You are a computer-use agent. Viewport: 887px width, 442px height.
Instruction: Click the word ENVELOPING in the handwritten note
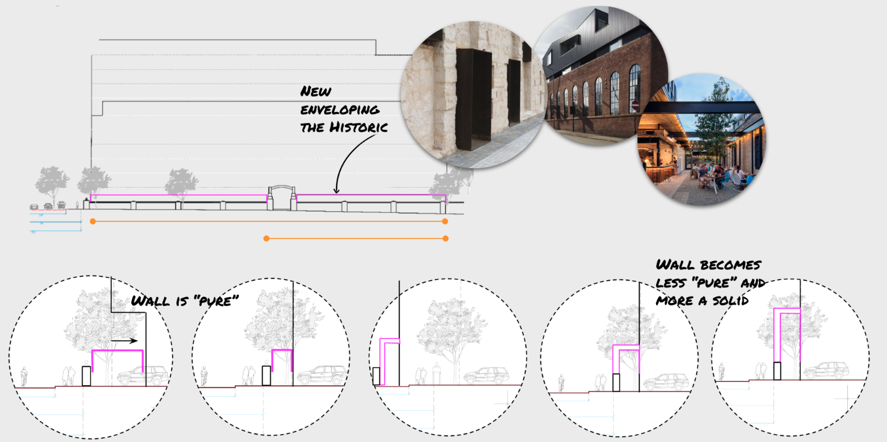coord(340,110)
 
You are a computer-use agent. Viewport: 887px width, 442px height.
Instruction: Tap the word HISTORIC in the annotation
coord(359,127)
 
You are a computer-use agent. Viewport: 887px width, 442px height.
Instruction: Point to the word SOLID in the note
coord(730,301)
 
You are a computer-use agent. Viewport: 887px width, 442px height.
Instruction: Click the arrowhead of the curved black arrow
coord(336,190)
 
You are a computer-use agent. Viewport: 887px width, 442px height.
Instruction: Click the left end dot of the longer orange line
coord(93,221)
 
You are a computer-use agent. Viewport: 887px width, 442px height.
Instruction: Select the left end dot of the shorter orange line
coord(266,239)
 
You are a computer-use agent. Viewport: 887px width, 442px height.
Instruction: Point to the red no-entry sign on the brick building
coord(635,105)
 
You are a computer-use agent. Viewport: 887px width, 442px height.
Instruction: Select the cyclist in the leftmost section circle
coord(23,377)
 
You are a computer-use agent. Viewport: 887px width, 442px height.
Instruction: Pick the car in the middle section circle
coord(486,376)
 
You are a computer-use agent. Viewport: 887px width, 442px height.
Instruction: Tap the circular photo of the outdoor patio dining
coord(701,141)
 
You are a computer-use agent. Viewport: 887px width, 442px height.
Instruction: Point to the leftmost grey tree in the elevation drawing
coord(51,184)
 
